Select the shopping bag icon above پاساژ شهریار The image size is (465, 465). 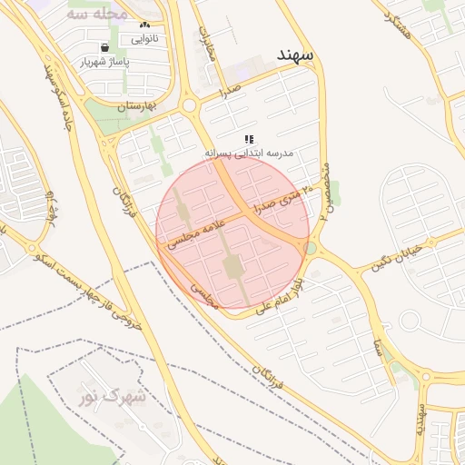(x=105, y=47)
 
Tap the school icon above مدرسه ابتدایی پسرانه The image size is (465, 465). (x=249, y=139)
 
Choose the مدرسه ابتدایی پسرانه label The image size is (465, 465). (x=249, y=153)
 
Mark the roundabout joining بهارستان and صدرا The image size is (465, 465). (x=190, y=105)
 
